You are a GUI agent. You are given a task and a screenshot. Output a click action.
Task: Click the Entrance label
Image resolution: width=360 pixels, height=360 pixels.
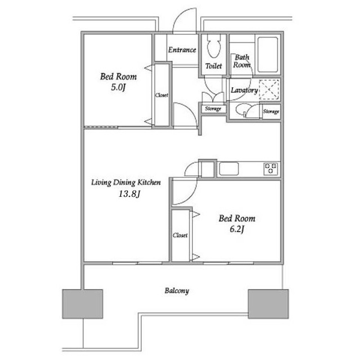182,49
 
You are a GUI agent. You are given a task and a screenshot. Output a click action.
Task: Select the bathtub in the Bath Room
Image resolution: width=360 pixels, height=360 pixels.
268,55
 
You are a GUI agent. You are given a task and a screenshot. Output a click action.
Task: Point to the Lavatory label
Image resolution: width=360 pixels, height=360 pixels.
244,90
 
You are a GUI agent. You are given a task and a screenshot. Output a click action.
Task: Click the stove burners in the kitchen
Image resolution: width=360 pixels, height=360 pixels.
271,169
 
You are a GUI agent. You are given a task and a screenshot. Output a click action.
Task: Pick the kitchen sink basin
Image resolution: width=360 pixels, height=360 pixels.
229,169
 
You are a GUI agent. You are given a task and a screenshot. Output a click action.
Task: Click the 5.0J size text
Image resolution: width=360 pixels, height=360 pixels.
118,88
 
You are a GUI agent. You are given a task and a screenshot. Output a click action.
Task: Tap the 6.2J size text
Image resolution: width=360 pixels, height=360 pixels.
237,229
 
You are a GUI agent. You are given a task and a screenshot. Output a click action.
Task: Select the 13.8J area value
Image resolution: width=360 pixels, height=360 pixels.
129,194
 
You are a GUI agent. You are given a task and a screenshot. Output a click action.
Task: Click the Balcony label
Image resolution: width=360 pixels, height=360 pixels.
177,291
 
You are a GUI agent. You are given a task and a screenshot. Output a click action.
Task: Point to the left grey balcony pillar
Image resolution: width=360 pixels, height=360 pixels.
83,304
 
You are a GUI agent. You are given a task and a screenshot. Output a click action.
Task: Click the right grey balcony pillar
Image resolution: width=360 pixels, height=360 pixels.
268,304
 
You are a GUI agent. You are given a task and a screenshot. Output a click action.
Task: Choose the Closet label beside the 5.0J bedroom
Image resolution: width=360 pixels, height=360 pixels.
161,95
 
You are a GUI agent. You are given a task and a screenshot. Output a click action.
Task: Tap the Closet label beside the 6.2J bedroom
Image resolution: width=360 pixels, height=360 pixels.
180,235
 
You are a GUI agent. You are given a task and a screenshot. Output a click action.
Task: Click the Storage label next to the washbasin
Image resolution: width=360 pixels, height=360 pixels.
271,111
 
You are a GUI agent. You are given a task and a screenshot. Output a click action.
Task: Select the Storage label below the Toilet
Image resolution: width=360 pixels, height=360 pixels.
213,109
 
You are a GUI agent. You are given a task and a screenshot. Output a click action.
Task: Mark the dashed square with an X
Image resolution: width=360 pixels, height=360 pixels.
269,89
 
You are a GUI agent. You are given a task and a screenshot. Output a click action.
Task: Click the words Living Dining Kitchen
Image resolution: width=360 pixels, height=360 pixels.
126,182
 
